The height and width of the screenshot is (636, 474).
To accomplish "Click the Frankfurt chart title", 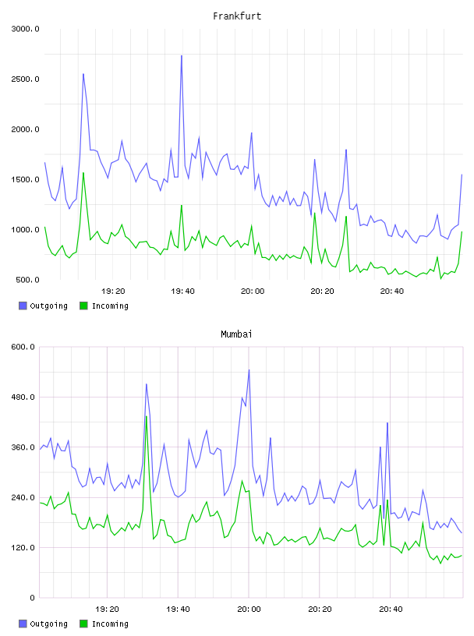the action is pyautogui.click(x=237, y=16).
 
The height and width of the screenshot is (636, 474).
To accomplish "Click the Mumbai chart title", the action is pyautogui.click(x=236, y=334).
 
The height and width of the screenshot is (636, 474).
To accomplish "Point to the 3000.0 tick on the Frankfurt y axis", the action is pyautogui.click(x=26, y=29).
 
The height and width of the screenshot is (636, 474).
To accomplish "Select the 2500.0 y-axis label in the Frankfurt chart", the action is pyautogui.click(x=26, y=79).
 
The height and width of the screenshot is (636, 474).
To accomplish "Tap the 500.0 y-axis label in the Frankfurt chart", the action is pyautogui.click(x=27, y=280).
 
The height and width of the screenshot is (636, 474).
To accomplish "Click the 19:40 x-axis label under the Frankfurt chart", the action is pyautogui.click(x=182, y=291).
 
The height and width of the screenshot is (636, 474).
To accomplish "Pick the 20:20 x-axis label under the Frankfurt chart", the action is pyautogui.click(x=322, y=291).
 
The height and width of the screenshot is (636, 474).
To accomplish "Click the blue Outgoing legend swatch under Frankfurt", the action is pyautogui.click(x=23, y=306).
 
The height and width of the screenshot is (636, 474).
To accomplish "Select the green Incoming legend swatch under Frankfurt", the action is pyautogui.click(x=83, y=306).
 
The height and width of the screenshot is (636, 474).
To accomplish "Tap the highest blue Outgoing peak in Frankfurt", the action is pyautogui.click(x=182, y=55).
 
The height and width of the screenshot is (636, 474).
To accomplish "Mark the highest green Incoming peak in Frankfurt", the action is pyautogui.click(x=83, y=173).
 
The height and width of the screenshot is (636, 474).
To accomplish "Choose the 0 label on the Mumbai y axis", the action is pyautogui.click(x=33, y=598).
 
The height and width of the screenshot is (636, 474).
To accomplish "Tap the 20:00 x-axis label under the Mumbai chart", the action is pyautogui.click(x=249, y=609).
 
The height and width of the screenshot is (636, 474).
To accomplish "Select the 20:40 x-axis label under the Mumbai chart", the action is pyautogui.click(x=391, y=609).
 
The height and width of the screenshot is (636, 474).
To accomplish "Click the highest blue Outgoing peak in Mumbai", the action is pyautogui.click(x=249, y=369).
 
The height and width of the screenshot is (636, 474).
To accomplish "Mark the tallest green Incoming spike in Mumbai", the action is pyautogui.click(x=146, y=416).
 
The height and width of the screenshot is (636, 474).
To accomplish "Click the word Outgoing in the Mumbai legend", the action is pyautogui.click(x=48, y=624).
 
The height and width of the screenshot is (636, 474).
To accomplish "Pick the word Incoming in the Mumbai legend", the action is pyautogui.click(x=110, y=624).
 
